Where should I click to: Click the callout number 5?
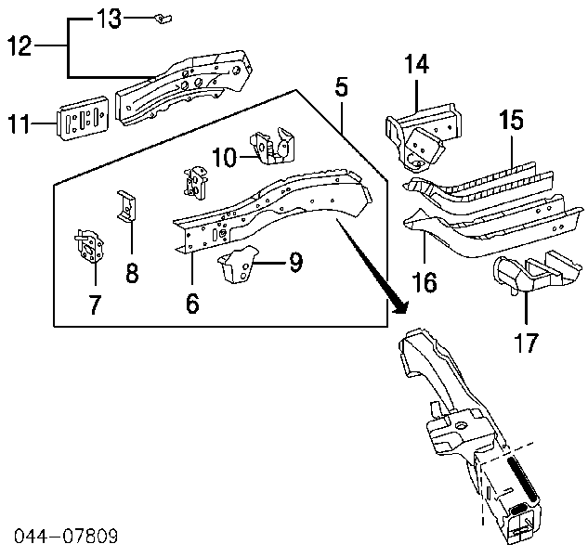342,89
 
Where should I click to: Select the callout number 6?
191,303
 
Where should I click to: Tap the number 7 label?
95,304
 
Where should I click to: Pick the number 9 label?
294,264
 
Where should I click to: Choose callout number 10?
223,158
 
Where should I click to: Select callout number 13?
109,18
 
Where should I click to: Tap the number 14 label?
417,65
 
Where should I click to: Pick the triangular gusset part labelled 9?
237,265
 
